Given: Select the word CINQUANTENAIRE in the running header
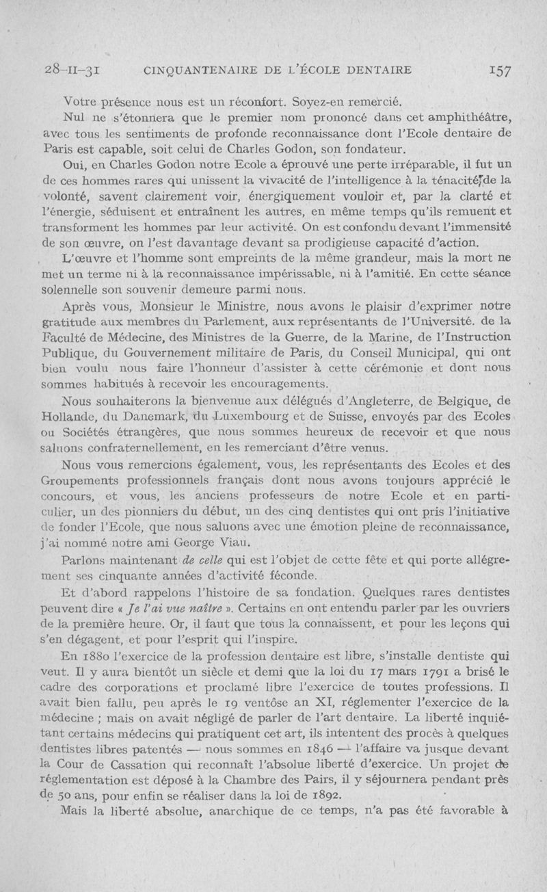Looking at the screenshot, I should (202, 70).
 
